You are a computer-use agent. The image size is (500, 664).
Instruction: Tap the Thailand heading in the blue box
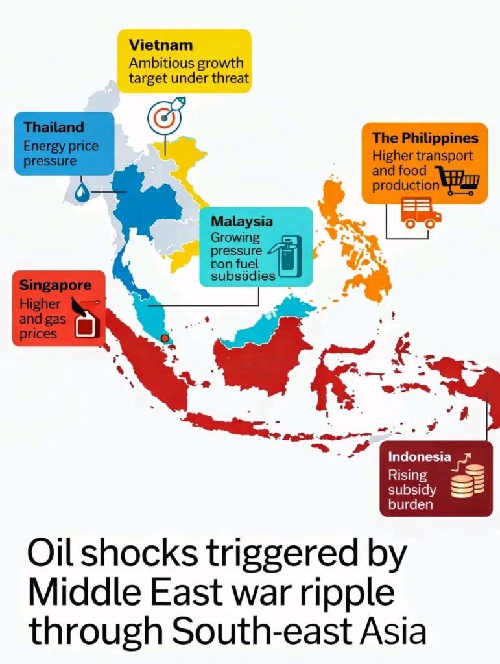54,127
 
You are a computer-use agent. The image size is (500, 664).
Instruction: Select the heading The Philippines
425,138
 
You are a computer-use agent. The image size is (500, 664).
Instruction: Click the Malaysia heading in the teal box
242,221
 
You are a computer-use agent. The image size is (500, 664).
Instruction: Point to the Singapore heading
55,285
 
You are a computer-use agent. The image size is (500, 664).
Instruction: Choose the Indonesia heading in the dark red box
419,456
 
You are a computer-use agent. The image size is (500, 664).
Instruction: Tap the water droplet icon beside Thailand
82,192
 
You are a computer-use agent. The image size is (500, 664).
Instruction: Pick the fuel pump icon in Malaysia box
289,256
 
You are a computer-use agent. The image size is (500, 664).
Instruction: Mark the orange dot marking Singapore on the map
165,338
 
